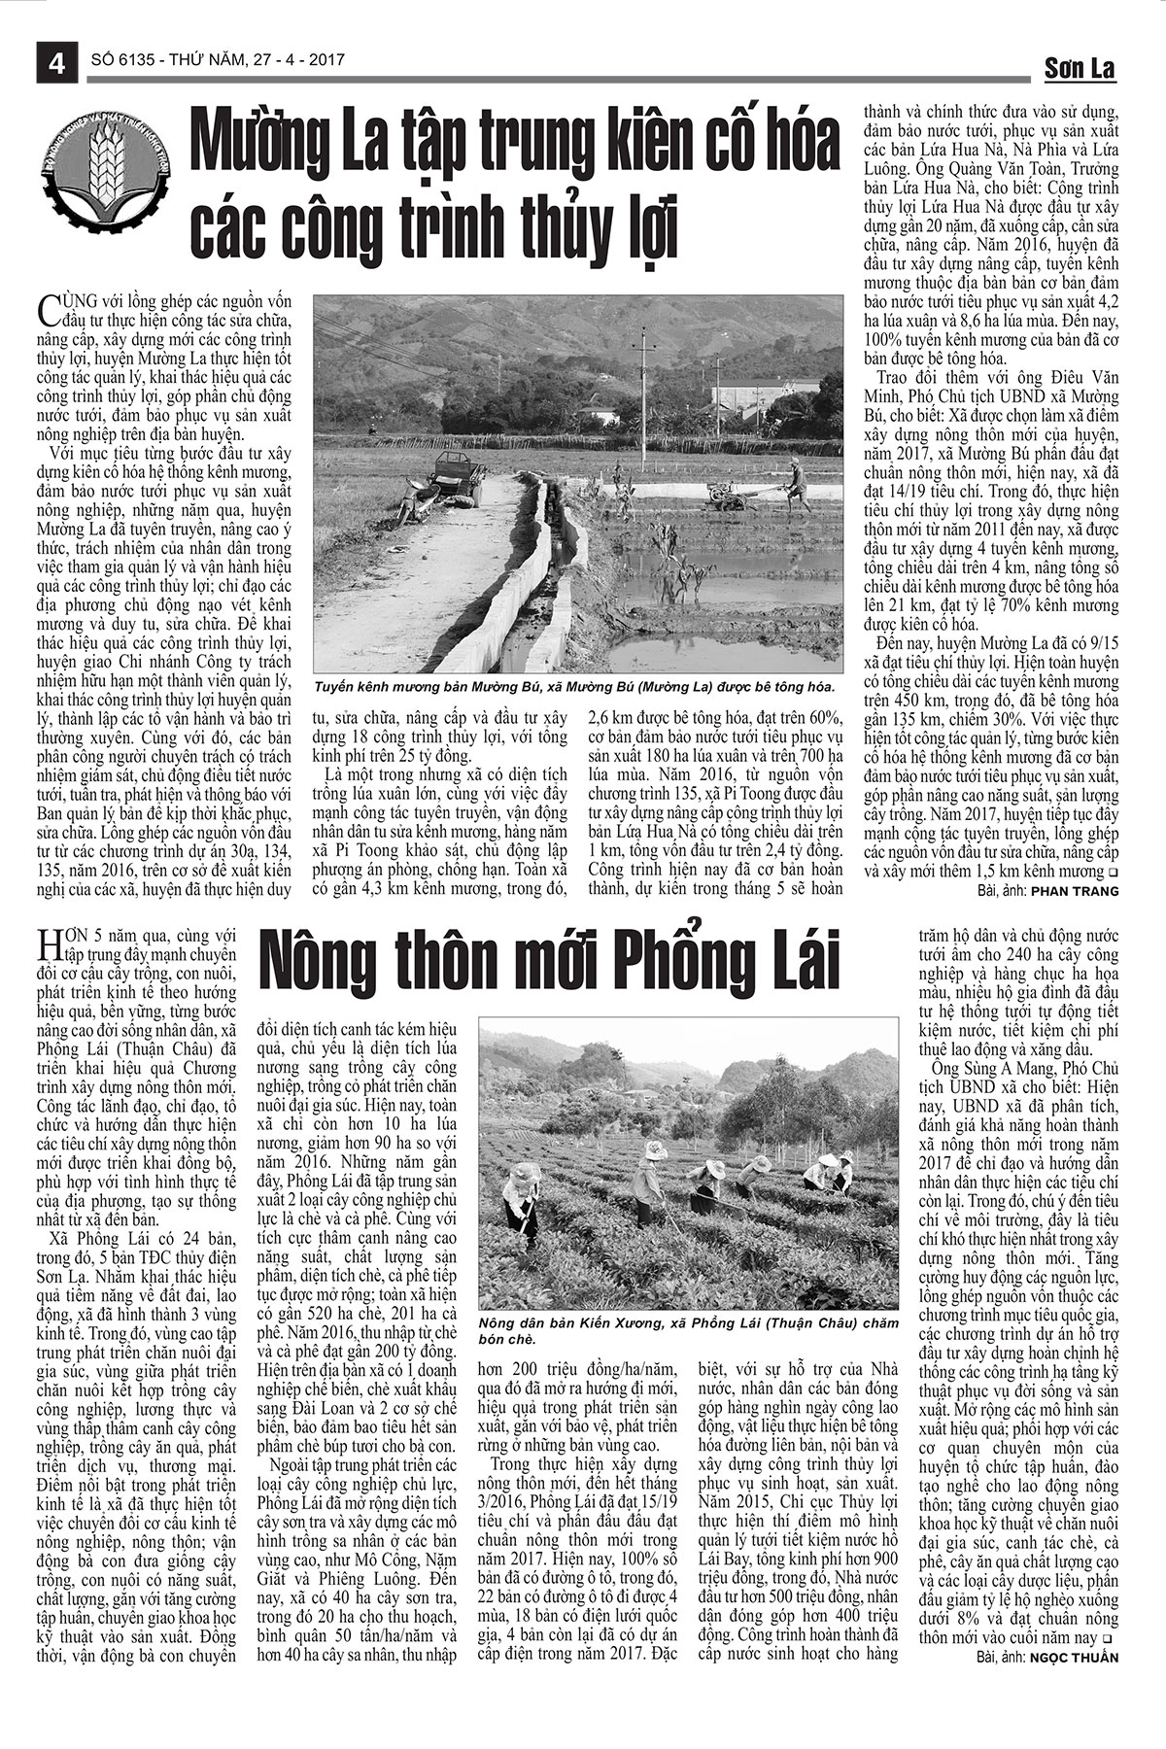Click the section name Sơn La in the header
(x=1080, y=68)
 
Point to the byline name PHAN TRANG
(x=1076, y=890)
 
